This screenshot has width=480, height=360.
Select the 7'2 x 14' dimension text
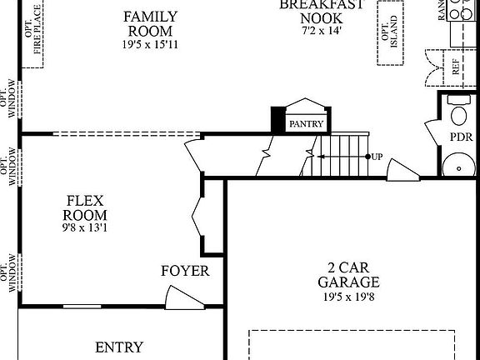322,30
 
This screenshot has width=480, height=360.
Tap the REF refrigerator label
456,67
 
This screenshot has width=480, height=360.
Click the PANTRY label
306,124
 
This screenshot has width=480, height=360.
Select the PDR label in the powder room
461,136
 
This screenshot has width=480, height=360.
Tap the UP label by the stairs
377,156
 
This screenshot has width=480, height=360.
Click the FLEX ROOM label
85,207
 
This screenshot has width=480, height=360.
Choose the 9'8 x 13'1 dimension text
85,227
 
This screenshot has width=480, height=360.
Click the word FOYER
185,272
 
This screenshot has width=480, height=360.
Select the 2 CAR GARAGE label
348,275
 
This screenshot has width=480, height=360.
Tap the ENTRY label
119,347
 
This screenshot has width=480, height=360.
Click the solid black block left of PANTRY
277,120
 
